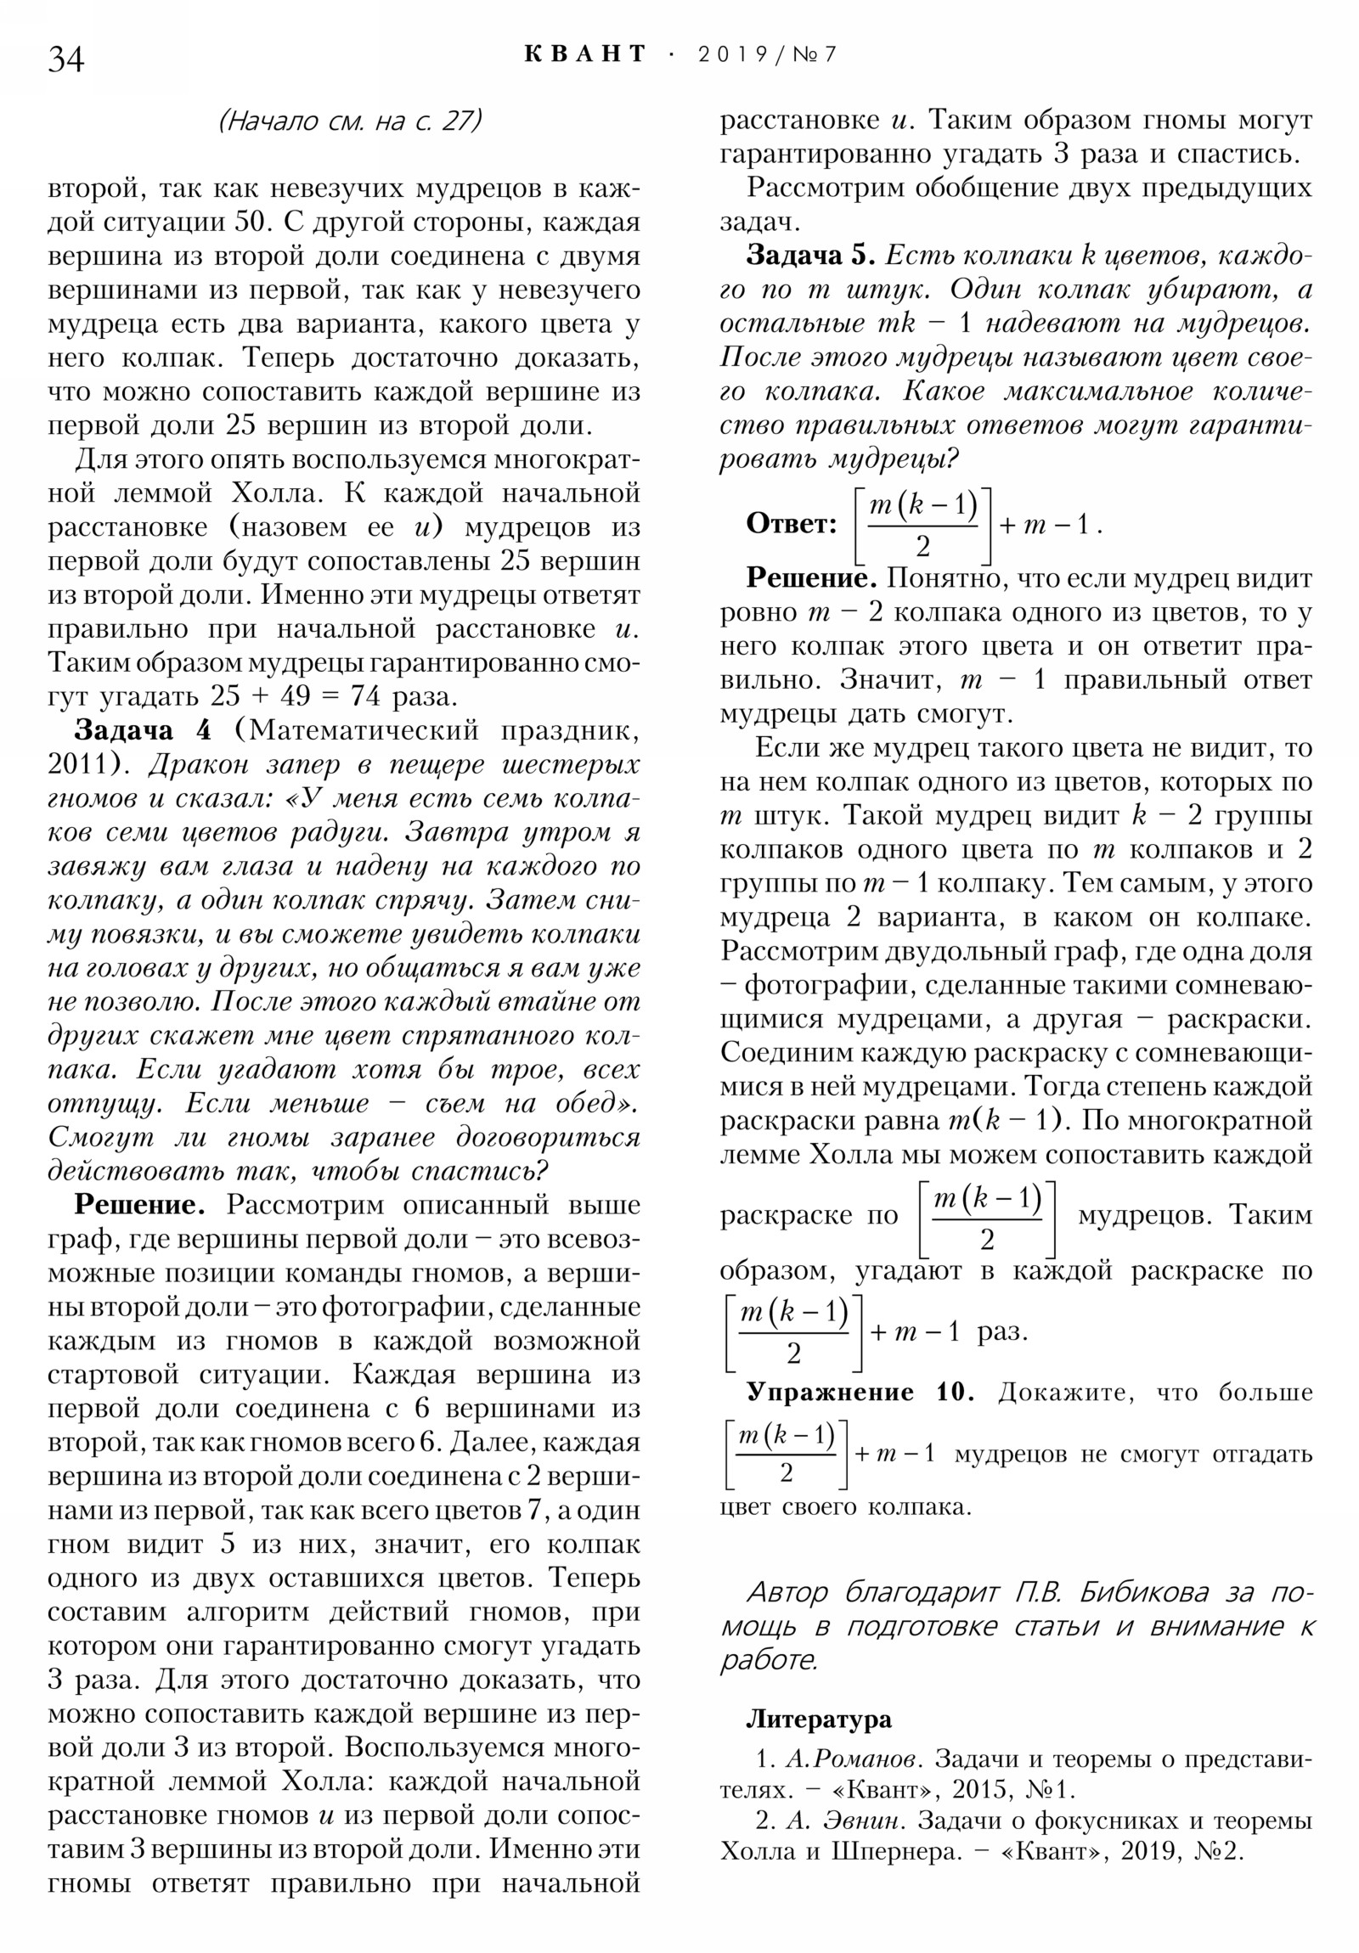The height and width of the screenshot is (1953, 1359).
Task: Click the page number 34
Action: click(66, 60)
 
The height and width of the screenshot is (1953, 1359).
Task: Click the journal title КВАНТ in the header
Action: click(585, 54)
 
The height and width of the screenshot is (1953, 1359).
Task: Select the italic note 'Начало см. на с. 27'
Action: click(350, 121)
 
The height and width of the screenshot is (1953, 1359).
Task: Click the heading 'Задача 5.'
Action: click(810, 256)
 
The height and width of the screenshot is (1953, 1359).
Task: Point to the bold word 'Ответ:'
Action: click(792, 523)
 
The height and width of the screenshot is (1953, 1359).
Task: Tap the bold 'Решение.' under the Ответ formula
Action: click(811, 578)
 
